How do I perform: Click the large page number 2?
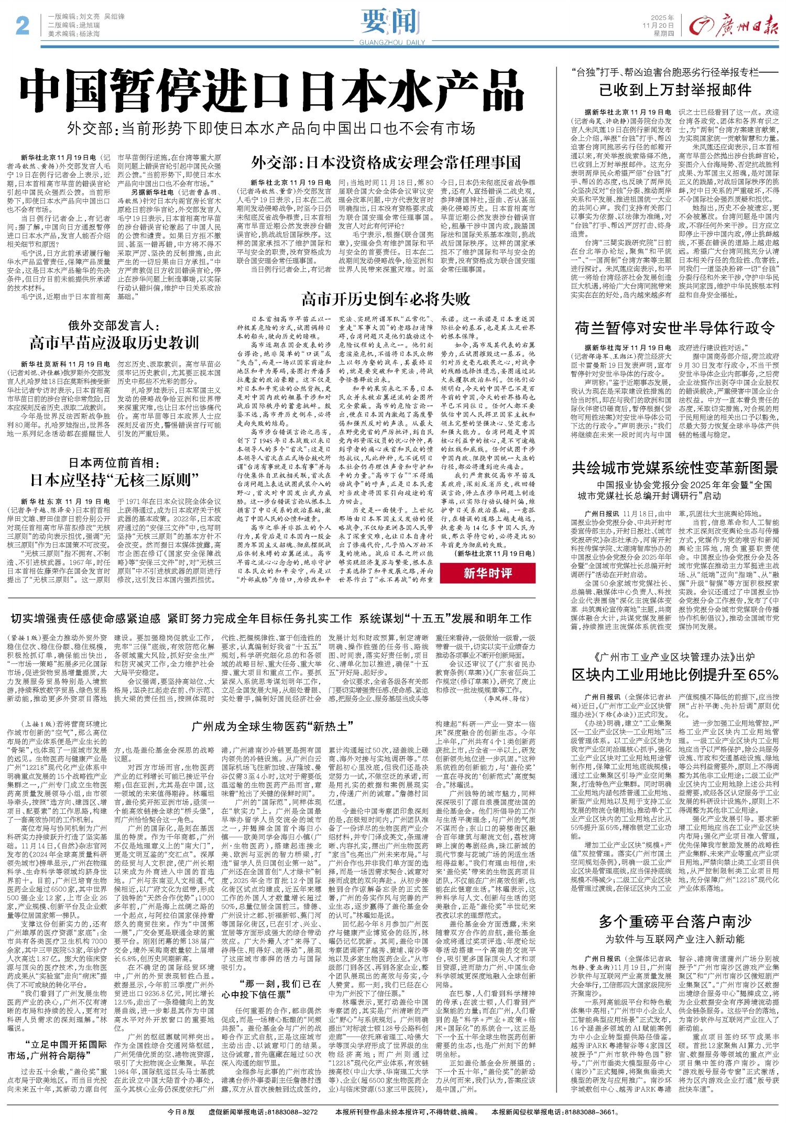[22, 25]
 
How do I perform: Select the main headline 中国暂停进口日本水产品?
[272, 94]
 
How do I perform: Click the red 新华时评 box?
[487, 573]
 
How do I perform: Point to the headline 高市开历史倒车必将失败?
[386, 299]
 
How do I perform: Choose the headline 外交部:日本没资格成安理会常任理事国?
[386, 162]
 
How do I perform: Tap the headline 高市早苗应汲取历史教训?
[114, 343]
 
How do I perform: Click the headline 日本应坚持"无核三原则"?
[114, 479]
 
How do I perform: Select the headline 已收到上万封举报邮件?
[675, 90]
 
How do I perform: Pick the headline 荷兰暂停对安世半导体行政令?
[675, 328]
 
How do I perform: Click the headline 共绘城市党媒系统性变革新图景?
[675, 467]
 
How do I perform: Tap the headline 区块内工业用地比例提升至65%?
[675, 674]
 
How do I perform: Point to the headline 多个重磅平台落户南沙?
[675, 921]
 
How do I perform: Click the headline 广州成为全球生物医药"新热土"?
[272, 726]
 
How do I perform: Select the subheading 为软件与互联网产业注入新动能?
[675, 939]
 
